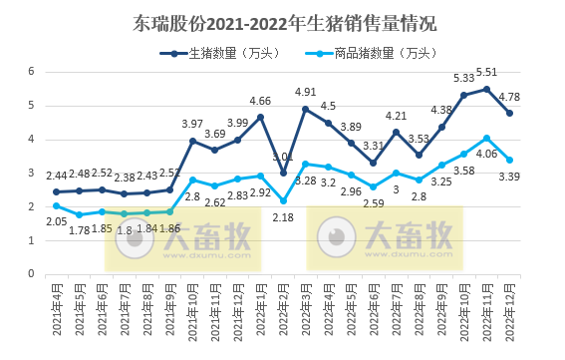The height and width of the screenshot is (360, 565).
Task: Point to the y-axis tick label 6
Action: [32, 72]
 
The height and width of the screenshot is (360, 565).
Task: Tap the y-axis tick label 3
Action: [32, 174]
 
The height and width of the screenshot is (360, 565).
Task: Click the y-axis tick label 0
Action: [32, 274]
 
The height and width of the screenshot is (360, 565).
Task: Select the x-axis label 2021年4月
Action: [56, 312]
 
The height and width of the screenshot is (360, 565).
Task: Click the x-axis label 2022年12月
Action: [510, 312]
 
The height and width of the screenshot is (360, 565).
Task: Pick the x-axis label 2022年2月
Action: [283, 312]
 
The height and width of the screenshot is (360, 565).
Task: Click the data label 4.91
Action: [305, 93]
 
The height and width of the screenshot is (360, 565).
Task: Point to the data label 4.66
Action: [260, 101]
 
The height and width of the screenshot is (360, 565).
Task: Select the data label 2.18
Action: [283, 217]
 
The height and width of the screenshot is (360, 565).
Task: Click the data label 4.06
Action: [487, 154]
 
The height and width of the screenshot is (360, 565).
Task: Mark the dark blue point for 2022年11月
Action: [486, 89]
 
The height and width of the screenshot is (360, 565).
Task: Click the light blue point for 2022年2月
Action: [283, 200]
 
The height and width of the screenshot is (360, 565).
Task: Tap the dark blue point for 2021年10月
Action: [192, 141]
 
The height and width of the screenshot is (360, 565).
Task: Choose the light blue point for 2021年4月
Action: [56, 205]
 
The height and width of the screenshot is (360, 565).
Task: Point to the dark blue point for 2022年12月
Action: [509, 113]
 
